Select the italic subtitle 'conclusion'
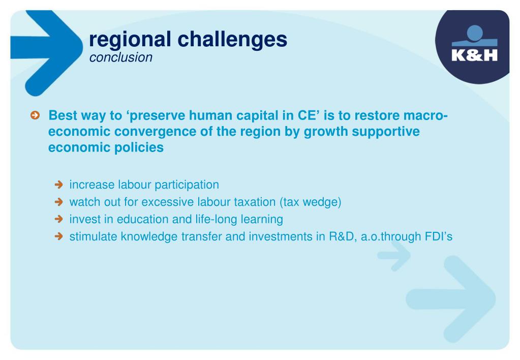120,57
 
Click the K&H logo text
475,55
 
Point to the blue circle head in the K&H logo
475,33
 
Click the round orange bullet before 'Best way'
35,115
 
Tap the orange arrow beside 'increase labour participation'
58,185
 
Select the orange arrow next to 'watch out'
58,202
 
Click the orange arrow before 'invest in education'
58,219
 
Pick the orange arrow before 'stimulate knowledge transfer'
58,236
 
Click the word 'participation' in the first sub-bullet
187,185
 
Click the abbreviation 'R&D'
343,236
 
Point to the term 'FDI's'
438,236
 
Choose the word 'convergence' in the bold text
155,132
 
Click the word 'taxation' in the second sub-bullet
255,202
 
